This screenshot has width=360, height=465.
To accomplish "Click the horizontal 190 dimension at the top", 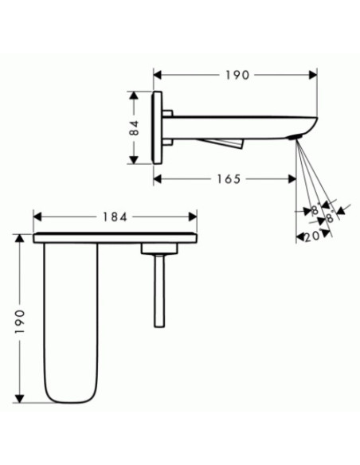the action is point(237,75).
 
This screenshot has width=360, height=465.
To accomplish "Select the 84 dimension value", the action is point(135,128).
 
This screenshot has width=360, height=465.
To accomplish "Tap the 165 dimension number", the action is point(229,179).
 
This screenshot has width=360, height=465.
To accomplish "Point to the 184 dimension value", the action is point(115,217).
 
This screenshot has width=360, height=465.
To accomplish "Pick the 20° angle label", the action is point(312,236).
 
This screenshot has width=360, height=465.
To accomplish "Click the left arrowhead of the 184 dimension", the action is point(37,217).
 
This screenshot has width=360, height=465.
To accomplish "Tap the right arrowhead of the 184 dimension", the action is point(193,217).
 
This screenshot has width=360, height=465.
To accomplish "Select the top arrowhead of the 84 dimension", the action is point(134,96).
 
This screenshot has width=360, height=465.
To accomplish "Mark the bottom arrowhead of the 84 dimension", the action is point(134,159).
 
